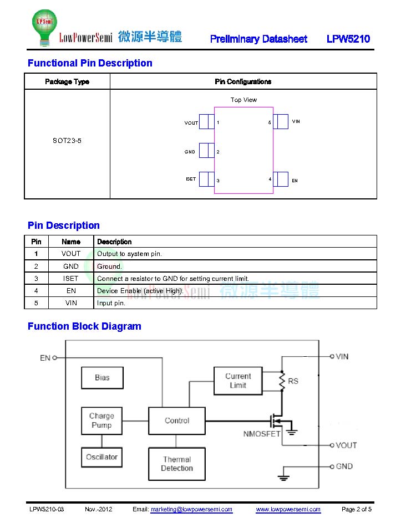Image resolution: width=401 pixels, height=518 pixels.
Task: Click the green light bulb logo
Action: pos(44,27)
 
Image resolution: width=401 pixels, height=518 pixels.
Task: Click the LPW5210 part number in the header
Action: pos(348,39)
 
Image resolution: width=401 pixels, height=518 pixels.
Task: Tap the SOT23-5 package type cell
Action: pos(67,141)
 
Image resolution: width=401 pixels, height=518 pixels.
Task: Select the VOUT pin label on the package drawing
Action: pos(191,123)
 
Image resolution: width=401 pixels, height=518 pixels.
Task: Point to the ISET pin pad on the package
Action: pos(207,179)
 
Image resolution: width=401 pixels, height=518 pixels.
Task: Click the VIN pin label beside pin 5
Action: pos(296,121)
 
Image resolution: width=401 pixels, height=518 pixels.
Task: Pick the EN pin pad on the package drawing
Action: pos(281,179)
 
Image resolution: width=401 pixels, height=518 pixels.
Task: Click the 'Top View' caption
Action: pos(243,100)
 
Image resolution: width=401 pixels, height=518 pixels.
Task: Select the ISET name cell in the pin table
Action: pos(71,279)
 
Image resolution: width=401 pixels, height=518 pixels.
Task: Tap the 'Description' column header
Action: pos(114,242)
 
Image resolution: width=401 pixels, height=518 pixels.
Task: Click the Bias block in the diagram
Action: pos(102,378)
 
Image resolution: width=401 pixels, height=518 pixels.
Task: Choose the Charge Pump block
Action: pos(101,420)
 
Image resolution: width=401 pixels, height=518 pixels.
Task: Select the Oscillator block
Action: pos(101,457)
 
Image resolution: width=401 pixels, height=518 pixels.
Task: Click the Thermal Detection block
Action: pos(177,464)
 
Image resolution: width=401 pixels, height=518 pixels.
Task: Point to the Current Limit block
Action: pos(238,381)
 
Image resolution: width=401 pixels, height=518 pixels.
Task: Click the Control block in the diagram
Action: pos(177,420)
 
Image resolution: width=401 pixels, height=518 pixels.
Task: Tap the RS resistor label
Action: pos(293,381)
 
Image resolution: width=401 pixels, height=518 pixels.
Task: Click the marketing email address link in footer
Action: pos(191,509)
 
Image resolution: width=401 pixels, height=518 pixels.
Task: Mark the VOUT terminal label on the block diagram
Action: pos(346,445)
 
